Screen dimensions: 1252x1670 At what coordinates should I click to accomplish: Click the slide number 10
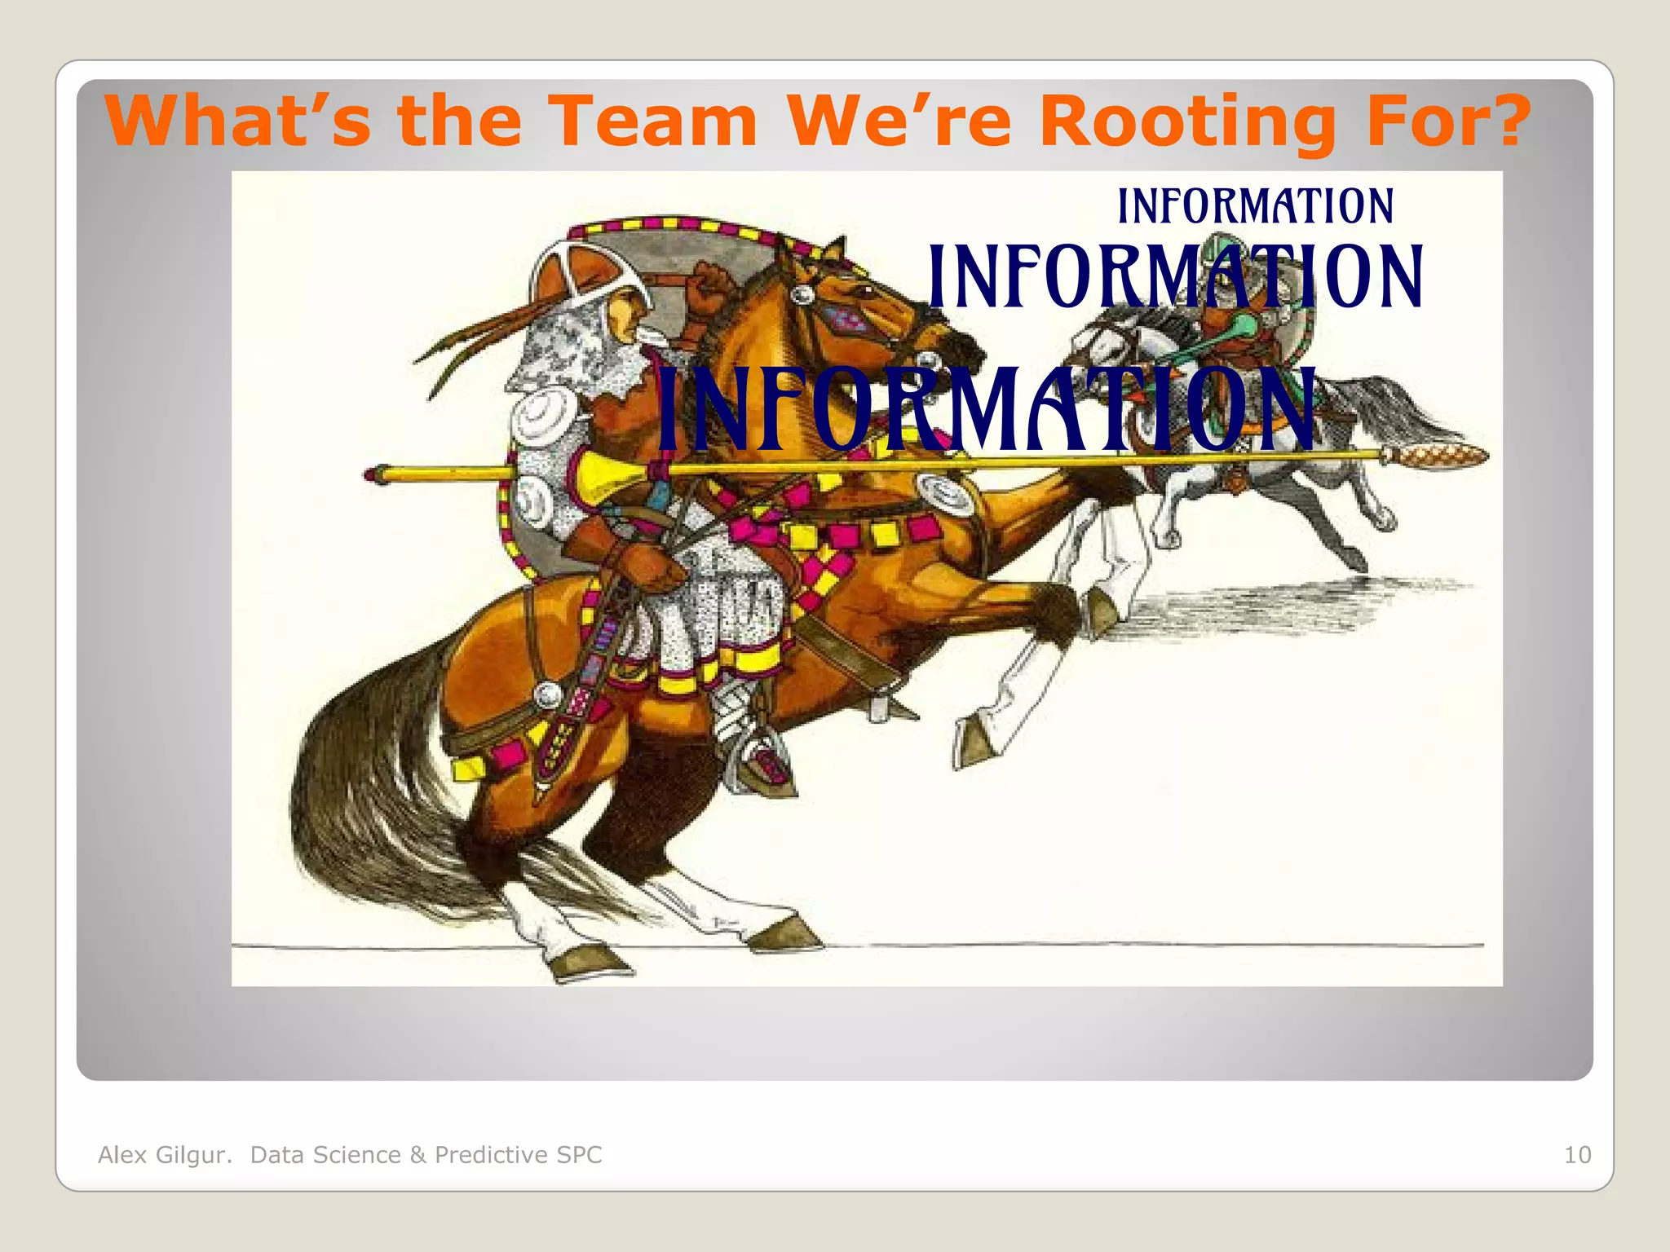(1577, 1155)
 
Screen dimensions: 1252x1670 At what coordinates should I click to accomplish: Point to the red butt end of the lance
(377, 474)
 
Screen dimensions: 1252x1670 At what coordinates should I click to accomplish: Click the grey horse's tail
(1403, 416)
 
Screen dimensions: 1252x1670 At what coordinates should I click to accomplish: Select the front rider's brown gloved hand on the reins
(644, 562)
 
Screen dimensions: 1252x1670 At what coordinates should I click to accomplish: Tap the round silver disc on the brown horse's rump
(548, 694)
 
